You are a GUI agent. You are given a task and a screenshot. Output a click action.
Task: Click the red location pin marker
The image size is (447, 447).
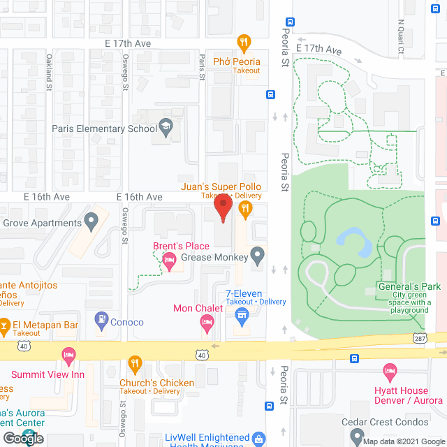(223, 207)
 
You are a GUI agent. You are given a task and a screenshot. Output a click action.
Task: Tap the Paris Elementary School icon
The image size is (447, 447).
(166, 128)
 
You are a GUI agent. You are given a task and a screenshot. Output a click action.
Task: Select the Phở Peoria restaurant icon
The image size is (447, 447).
(244, 43)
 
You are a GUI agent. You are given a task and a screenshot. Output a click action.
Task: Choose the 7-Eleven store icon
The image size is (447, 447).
(243, 318)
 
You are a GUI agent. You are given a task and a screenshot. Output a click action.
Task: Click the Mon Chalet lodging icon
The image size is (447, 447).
(206, 322)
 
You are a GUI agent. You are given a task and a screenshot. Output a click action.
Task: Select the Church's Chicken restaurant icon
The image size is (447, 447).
(135, 365)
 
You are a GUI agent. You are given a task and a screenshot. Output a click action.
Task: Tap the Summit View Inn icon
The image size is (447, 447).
(68, 357)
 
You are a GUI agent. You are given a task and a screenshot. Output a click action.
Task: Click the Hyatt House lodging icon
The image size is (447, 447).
(390, 371)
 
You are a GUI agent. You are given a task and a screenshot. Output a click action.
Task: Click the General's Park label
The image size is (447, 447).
(409, 286)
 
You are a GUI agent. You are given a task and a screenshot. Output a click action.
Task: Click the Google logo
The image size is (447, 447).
(22, 438)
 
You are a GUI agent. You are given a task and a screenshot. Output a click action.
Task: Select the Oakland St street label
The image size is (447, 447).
(50, 73)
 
